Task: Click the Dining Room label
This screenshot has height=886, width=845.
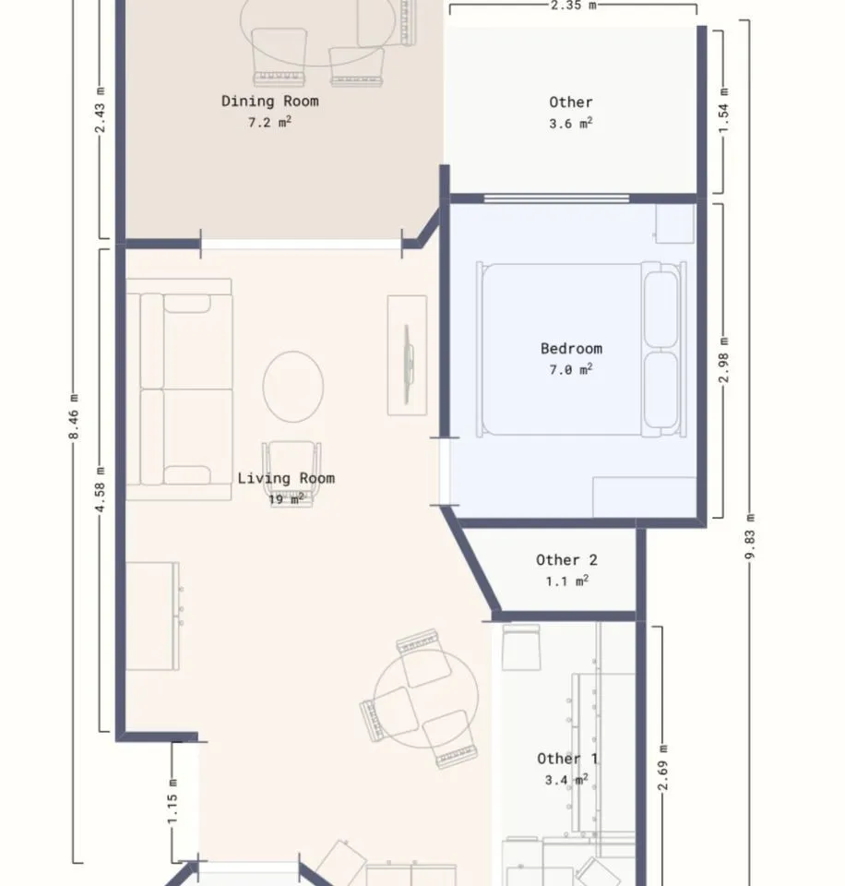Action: click(270, 102)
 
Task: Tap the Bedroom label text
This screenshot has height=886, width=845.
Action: click(571, 349)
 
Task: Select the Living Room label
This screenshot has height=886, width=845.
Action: click(286, 478)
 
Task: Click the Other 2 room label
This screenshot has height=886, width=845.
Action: click(566, 560)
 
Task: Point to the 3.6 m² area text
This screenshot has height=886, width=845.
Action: click(570, 123)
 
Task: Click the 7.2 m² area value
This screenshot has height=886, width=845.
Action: click(270, 122)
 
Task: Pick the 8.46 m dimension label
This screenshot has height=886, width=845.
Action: click(74, 417)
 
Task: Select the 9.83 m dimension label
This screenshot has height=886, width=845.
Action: click(750, 536)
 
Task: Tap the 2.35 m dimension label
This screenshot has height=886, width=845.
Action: click(573, 6)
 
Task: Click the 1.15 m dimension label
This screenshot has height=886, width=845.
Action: click(173, 801)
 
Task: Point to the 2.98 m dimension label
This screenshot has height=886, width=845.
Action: click(723, 359)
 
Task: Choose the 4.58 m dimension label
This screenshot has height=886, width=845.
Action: click(100, 489)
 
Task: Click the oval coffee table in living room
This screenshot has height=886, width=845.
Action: click(293, 387)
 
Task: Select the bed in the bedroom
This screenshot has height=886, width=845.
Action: click(581, 350)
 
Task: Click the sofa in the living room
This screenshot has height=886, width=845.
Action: click(178, 389)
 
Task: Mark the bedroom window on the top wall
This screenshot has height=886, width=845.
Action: click(556, 198)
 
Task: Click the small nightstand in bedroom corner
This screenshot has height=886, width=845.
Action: click(674, 223)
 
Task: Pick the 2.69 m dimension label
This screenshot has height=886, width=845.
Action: click(663, 767)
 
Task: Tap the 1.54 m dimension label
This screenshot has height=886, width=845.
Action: click(723, 110)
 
